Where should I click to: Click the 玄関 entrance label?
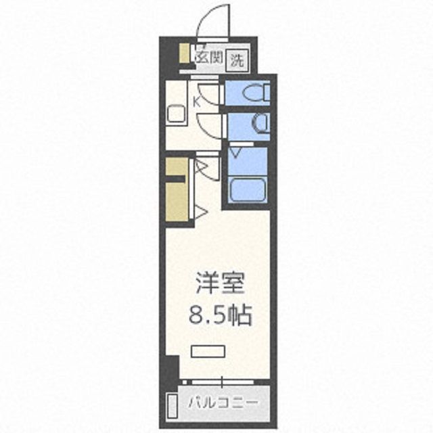(208, 58)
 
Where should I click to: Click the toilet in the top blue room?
(260, 92)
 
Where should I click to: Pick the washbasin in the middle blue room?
(262, 124)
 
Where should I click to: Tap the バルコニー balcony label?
(223, 405)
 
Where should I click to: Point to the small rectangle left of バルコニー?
(172, 405)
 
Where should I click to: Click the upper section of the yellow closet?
(175, 166)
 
